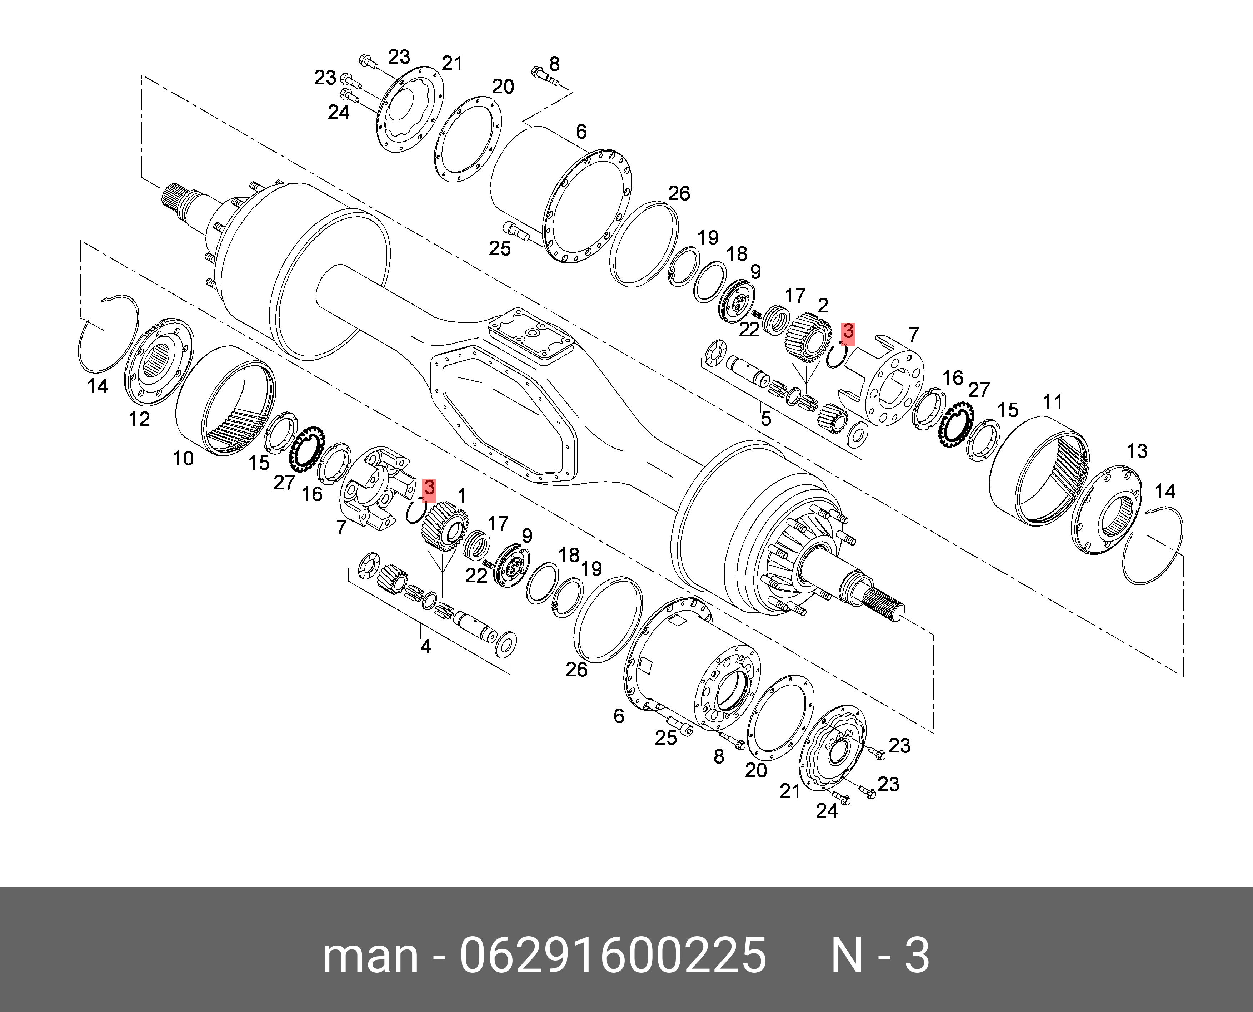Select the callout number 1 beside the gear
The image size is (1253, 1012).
462,497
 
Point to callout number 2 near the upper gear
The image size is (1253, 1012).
823,306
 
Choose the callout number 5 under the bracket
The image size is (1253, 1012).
765,419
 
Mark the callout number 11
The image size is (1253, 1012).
1053,402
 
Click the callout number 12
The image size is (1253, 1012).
139,419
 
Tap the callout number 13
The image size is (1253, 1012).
1137,451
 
